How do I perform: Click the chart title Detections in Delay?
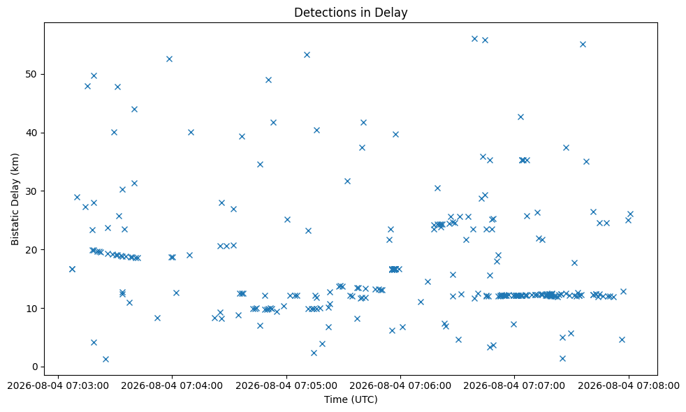(351, 13)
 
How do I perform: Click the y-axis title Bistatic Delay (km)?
(15, 199)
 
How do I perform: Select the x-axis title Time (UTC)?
(351, 399)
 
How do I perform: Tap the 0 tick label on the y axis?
(36, 367)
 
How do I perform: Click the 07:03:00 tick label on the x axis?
(58, 385)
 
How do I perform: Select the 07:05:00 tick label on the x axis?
(286, 385)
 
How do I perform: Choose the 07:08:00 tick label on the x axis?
(629, 385)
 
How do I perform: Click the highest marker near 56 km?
(475, 39)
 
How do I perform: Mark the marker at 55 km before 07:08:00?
(583, 44)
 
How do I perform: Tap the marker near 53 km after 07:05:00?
(307, 54)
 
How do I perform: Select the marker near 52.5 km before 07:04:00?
(169, 59)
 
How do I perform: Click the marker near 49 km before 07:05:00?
(269, 80)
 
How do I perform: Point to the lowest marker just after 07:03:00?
(105, 360)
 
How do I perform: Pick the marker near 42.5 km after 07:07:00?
(520, 117)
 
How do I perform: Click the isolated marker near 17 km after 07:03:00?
(72, 269)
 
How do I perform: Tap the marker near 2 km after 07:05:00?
(314, 353)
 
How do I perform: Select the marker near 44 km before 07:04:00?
(134, 110)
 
